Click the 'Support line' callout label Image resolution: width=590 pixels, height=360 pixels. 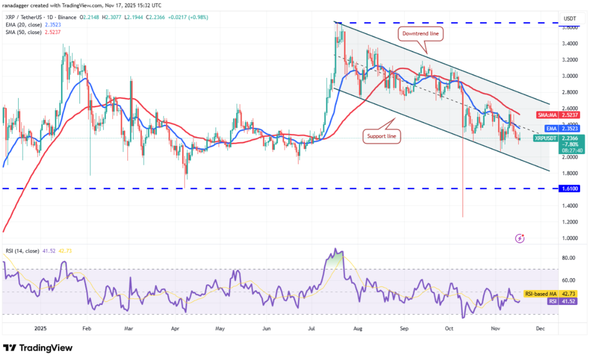coord(381,136)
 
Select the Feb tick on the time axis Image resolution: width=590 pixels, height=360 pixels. coord(87,328)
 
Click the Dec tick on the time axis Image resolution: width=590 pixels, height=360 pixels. coord(540,328)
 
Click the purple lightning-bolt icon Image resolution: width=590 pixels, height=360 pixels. coord(520,238)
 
